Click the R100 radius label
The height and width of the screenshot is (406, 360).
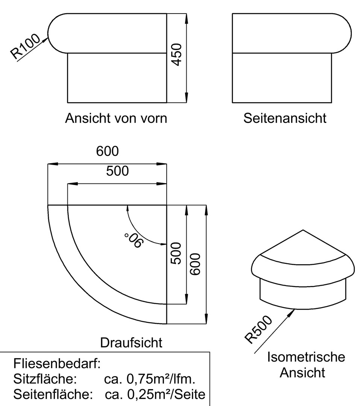click(x=26, y=46)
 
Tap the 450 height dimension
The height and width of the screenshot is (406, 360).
click(x=177, y=55)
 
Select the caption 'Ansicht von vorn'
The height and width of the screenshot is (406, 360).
click(x=116, y=118)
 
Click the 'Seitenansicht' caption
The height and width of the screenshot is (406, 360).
click(x=285, y=118)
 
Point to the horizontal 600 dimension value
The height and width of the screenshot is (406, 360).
click(x=107, y=151)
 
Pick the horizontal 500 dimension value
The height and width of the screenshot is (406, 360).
click(x=117, y=171)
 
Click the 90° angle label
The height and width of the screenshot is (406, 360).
click(x=134, y=240)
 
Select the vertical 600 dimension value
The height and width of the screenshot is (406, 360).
click(x=195, y=264)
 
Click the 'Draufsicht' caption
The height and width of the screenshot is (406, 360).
click(x=131, y=343)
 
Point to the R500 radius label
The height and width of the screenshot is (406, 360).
click(x=258, y=330)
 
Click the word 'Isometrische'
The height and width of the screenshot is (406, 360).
click(x=306, y=357)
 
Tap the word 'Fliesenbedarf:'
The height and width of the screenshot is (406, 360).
click(x=57, y=364)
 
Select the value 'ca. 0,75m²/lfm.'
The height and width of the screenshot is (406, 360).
click(x=150, y=379)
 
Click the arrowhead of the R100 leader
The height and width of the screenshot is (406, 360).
click(x=46, y=39)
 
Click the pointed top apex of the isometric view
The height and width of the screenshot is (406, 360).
click(x=303, y=230)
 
